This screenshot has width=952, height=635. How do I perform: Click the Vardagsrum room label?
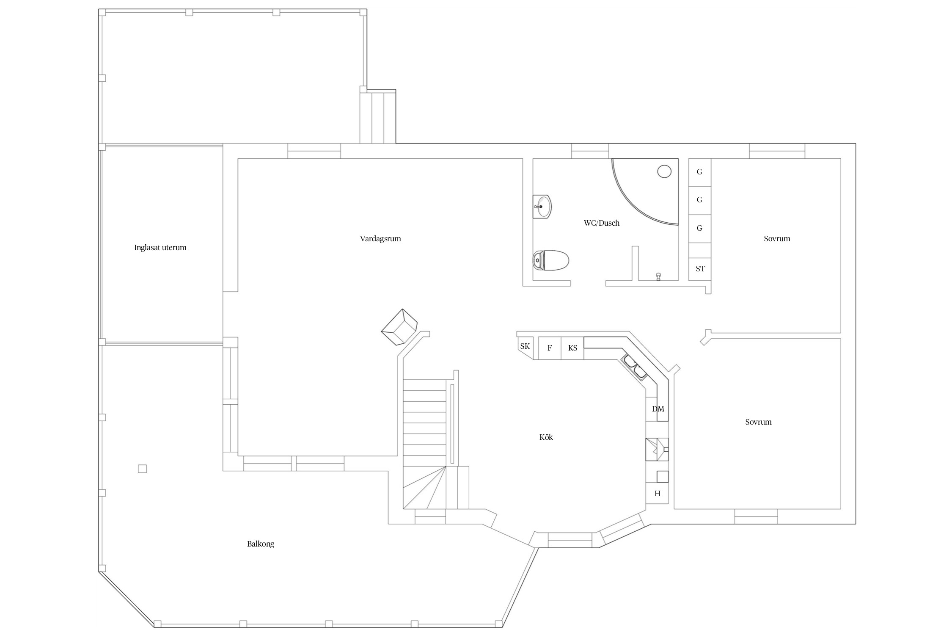(380, 239)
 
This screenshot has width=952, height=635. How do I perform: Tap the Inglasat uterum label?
(160, 248)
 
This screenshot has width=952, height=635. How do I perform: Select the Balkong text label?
(261, 544)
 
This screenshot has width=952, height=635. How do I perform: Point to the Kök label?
(546, 437)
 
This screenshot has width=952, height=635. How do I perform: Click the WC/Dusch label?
(602, 223)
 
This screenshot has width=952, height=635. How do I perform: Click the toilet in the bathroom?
(551, 260)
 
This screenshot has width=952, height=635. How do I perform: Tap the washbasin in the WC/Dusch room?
(542, 207)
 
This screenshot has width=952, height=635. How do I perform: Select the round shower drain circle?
(665, 171)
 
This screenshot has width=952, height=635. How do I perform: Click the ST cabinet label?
(700, 269)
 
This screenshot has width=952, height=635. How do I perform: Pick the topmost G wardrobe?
(700, 172)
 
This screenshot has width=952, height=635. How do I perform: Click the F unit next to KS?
(550, 348)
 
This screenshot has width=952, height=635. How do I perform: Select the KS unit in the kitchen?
(572, 348)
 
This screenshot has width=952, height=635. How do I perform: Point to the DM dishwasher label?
(658, 409)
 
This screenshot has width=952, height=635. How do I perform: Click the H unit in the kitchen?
(657, 493)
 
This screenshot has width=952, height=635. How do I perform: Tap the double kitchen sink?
(634, 367)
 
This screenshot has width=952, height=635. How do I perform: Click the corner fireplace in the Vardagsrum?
(399, 327)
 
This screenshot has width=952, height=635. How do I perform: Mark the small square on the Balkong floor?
(143, 469)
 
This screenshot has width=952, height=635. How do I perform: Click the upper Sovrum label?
(777, 239)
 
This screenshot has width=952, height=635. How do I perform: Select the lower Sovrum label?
(758, 422)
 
